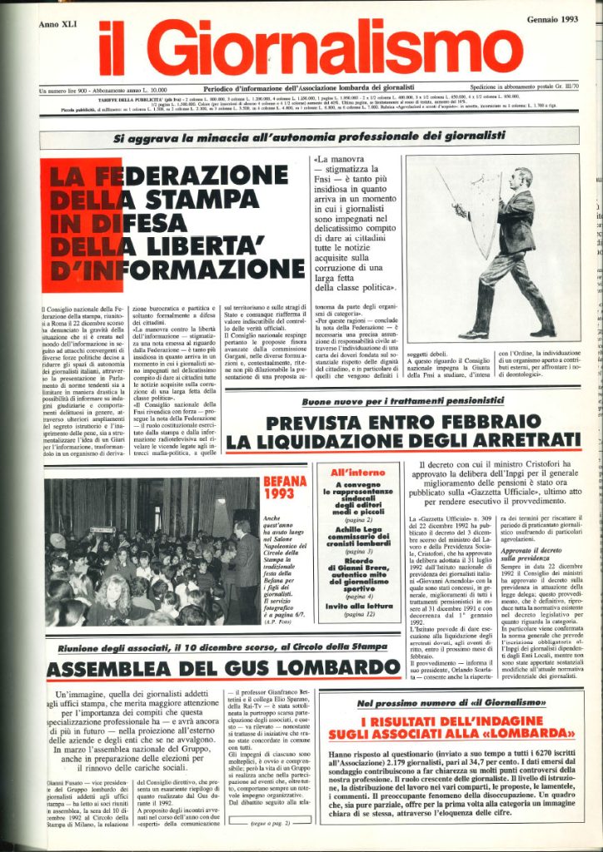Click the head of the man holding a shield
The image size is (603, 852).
coord(522,177)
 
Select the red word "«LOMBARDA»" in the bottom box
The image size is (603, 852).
coord(515,735)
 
